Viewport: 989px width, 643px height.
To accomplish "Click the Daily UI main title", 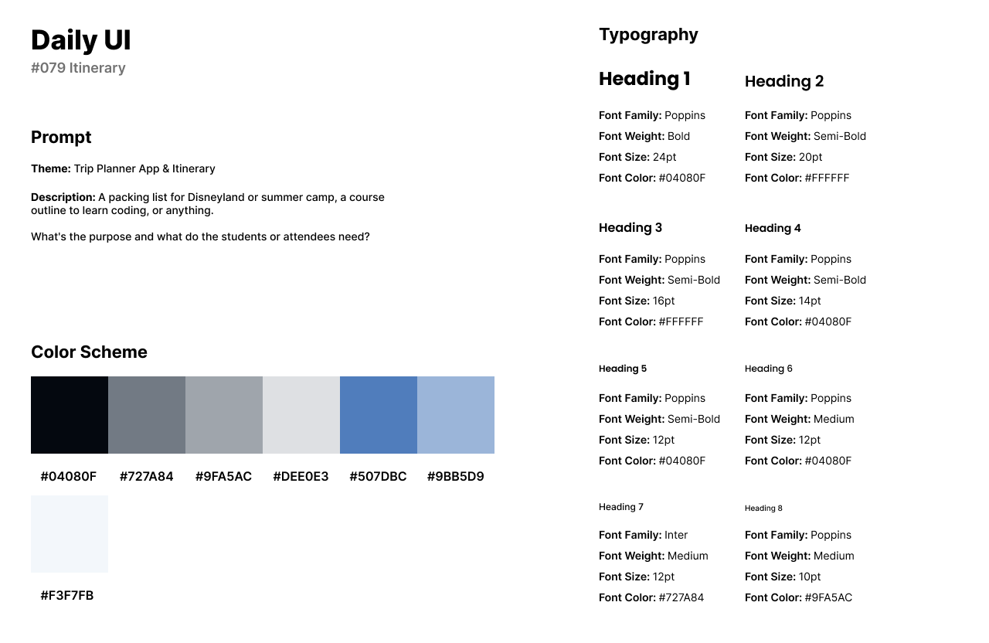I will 81,40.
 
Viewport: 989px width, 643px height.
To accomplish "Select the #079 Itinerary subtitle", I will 78,68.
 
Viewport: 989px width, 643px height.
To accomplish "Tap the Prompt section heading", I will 61,138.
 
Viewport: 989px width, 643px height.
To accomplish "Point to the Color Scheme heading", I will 89,352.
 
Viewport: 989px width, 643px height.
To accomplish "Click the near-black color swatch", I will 70,415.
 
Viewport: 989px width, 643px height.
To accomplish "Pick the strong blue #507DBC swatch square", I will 379,415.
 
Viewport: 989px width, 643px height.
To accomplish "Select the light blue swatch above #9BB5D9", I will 456,415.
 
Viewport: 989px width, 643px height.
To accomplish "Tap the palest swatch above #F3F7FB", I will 70,534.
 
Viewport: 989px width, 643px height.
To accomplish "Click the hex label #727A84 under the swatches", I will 146,477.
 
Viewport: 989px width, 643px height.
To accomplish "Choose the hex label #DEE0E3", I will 301,477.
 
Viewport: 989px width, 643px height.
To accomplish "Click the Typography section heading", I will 648,35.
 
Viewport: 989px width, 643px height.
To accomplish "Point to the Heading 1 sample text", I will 644,79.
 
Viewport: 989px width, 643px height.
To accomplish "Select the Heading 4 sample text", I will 773,228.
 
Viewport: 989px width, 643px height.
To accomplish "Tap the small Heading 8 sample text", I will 763,509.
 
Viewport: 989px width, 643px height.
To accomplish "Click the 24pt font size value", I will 664,157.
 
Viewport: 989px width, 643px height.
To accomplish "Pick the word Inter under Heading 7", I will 676,535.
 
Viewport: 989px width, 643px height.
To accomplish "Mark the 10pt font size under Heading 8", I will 810,577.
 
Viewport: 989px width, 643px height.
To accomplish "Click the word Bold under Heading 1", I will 679,136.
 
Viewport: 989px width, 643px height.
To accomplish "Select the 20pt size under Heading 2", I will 811,157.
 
